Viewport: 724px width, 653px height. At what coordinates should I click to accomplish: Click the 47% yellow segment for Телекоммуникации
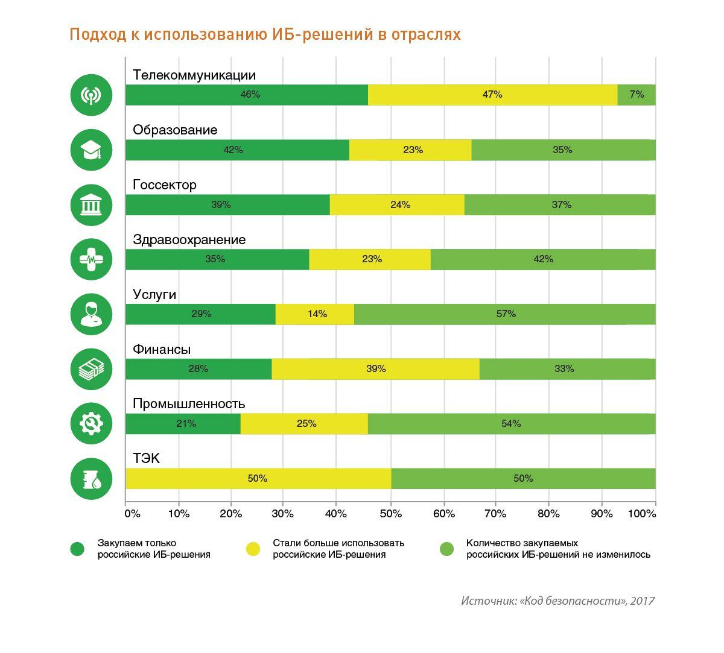pos(492,95)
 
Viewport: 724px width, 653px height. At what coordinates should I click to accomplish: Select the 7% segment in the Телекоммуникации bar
pos(637,95)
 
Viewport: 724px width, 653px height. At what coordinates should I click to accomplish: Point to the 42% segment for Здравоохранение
pos(543,259)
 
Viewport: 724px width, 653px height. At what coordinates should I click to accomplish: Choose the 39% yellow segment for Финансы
pos(375,369)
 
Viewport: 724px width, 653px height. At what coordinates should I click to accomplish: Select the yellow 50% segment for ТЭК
pos(258,479)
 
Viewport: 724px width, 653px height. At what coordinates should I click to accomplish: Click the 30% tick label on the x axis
pos(283,514)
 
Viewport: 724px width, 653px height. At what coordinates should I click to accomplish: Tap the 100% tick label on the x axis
pos(642,514)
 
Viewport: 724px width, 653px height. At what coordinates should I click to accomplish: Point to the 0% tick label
pos(132,514)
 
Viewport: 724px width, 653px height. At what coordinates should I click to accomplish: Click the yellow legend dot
pos(253,549)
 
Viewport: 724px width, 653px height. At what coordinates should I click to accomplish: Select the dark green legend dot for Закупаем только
pos(77,549)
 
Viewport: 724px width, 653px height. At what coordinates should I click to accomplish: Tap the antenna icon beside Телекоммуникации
pos(91,95)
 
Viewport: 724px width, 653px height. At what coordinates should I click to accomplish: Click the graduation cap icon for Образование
pos(91,150)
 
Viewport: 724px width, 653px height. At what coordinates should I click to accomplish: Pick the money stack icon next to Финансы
pos(91,369)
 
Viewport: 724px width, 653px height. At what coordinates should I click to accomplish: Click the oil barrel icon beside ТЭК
pos(91,479)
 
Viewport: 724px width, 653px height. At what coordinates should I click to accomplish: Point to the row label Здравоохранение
pos(189,240)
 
